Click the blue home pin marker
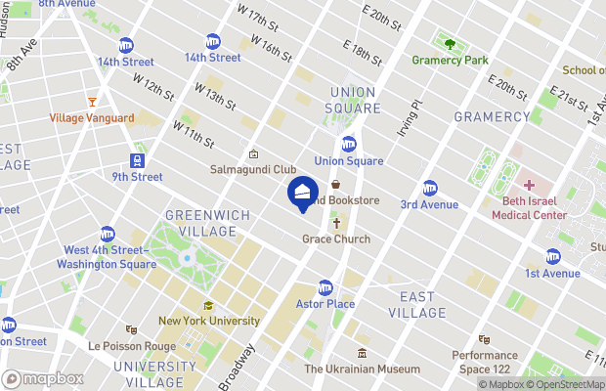coord(302,192)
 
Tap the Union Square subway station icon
coord(349,144)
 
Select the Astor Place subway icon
coord(325,287)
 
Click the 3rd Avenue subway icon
coord(429,188)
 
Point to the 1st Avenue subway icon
coord(553,257)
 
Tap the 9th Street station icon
coord(137,160)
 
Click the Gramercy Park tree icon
coord(450,44)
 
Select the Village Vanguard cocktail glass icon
coord(92,102)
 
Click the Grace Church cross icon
coord(335,224)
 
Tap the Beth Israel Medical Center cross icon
coord(529,185)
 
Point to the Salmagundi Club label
coord(253,169)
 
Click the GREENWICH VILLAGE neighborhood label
coord(200,223)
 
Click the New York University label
coord(209,321)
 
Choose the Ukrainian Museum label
coord(362,369)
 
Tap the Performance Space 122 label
coord(485,362)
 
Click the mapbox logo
coord(42,378)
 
